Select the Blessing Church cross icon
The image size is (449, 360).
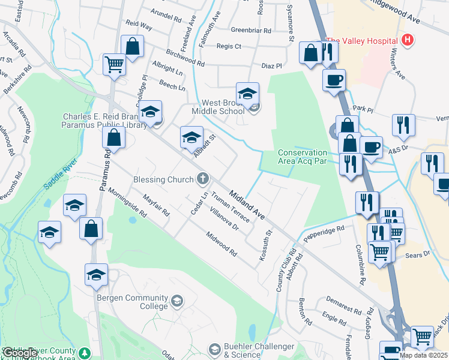click(203, 178)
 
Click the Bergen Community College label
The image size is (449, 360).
click(133, 302)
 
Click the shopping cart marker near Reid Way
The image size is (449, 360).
click(114, 64)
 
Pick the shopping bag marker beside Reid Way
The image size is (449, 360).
click(132, 46)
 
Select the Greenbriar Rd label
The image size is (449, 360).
click(252, 29)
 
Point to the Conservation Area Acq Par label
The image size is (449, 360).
click(303, 157)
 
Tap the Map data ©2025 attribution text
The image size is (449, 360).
click(424, 355)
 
